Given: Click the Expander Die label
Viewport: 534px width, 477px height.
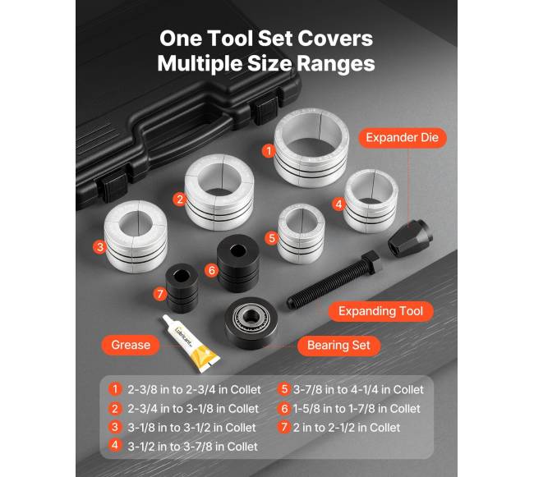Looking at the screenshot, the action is point(403,138).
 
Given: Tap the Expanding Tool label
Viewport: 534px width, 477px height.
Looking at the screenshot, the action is point(380,311).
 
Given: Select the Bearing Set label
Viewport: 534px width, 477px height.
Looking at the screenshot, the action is point(338,346).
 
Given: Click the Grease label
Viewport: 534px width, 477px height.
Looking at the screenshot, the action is point(131,345).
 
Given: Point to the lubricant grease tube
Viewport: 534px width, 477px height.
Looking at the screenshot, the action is point(191,343).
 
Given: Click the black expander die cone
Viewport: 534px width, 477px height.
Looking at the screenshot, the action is point(411,236).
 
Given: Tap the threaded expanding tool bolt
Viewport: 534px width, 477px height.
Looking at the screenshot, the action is point(333,280).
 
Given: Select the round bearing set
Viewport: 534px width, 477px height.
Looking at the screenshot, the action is point(251,323).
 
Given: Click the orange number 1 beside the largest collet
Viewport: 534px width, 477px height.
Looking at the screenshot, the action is point(269,151).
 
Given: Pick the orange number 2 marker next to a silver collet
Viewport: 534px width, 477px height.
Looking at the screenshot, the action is point(179,199).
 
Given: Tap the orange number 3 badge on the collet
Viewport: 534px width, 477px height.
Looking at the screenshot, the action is point(99,246).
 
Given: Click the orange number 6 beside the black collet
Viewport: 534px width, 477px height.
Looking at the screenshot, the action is point(211,270).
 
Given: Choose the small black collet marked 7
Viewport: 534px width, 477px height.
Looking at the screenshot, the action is point(182,288).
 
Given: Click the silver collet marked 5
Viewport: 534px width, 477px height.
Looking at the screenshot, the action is point(301,234).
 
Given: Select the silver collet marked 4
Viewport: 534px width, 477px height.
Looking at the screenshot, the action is point(371,201).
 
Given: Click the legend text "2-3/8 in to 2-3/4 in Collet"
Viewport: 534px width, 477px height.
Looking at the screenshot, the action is point(194,389).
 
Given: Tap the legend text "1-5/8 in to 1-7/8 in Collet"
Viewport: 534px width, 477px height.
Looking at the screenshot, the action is point(357,409).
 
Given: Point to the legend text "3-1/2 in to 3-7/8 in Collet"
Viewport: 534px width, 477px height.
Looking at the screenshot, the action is point(192,447).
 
